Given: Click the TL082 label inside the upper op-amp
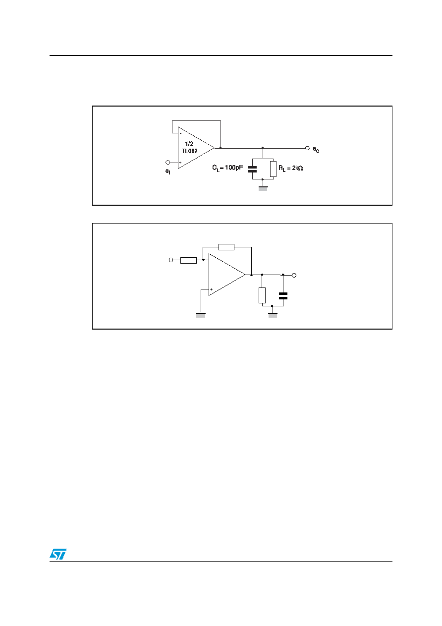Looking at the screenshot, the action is pos(189,151).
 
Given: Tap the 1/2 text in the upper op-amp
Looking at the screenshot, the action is pos(189,144).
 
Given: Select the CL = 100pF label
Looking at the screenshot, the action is pos(227,168).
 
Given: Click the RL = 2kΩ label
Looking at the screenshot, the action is pos(290,168).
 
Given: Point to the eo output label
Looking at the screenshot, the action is pos(316,150).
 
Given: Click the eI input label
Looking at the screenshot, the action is pos(167,171).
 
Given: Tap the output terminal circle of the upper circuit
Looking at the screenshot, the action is pos(307,148).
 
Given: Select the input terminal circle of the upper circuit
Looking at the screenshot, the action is pos(167,163).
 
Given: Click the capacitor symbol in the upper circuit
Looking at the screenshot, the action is pos(252,169).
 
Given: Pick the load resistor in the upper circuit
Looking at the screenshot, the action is pos(273,169).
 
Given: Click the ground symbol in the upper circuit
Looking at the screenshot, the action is pos(263,188).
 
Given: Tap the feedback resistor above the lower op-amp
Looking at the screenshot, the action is pos(226,247).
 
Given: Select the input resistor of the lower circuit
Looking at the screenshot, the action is pos(189,260).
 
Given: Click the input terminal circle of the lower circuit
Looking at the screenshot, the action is pos(171,260).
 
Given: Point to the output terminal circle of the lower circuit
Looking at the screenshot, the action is pos(294,275).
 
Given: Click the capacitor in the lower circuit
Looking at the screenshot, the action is pos(283,296).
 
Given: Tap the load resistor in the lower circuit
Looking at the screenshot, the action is pos(262,295).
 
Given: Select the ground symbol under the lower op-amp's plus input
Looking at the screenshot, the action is pos(201,315).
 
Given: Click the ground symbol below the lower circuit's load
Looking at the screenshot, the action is pos(273,315).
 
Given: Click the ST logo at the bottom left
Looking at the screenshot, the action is pos(58,554).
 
